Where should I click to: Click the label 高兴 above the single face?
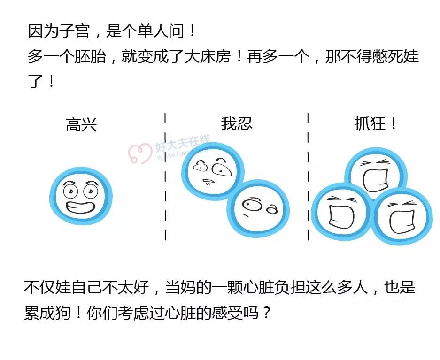pyautogui.click(x=81, y=125)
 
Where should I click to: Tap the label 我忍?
pyautogui.click(x=237, y=123)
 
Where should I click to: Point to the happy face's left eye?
pyautogui.click(x=70, y=191)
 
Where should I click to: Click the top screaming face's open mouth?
pyautogui.click(x=375, y=180)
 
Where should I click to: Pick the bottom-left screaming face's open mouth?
pyautogui.click(x=341, y=217)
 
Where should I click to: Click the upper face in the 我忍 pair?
pyautogui.click(x=212, y=171)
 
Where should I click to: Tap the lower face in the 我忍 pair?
pyautogui.click(x=258, y=208)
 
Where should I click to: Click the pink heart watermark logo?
pyautogui.click(x=139, y=153)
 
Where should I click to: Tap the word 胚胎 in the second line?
pyautogui.click(x=90, y=56)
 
